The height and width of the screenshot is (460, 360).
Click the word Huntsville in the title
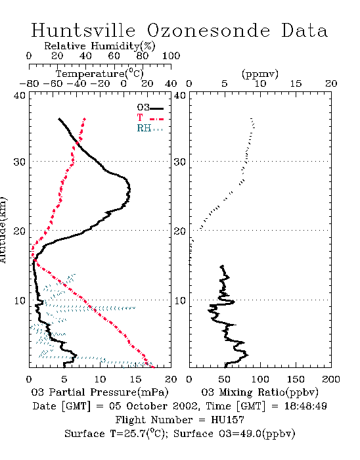click(83, 30)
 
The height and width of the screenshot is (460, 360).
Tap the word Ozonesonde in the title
click(208, 30)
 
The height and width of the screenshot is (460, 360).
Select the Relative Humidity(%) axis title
click(100, 46)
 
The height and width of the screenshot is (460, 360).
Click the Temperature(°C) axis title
click(100, 74)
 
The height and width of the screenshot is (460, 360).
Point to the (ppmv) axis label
click(260, 74)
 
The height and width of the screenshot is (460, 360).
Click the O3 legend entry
click(150, 108)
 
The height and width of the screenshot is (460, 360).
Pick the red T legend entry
click(150, 118)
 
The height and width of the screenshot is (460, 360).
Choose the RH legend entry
click(150, 128)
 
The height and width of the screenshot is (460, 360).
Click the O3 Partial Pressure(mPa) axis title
click(100, 392)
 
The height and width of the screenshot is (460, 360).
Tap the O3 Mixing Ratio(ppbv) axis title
click(259, 392)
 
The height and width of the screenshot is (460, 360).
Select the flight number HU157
click(227, 419)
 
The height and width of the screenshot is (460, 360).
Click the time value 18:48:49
click(305, 405)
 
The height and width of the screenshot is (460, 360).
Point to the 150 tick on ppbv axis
click(296, 379)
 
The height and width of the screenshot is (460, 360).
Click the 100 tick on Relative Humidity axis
click(171, 56)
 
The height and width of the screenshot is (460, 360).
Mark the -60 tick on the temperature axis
click(53, 83)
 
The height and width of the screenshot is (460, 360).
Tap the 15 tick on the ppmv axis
click(296, 83)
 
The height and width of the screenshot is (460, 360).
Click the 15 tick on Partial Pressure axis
click(135, 379)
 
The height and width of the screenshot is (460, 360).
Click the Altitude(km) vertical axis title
click(3, 230)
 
